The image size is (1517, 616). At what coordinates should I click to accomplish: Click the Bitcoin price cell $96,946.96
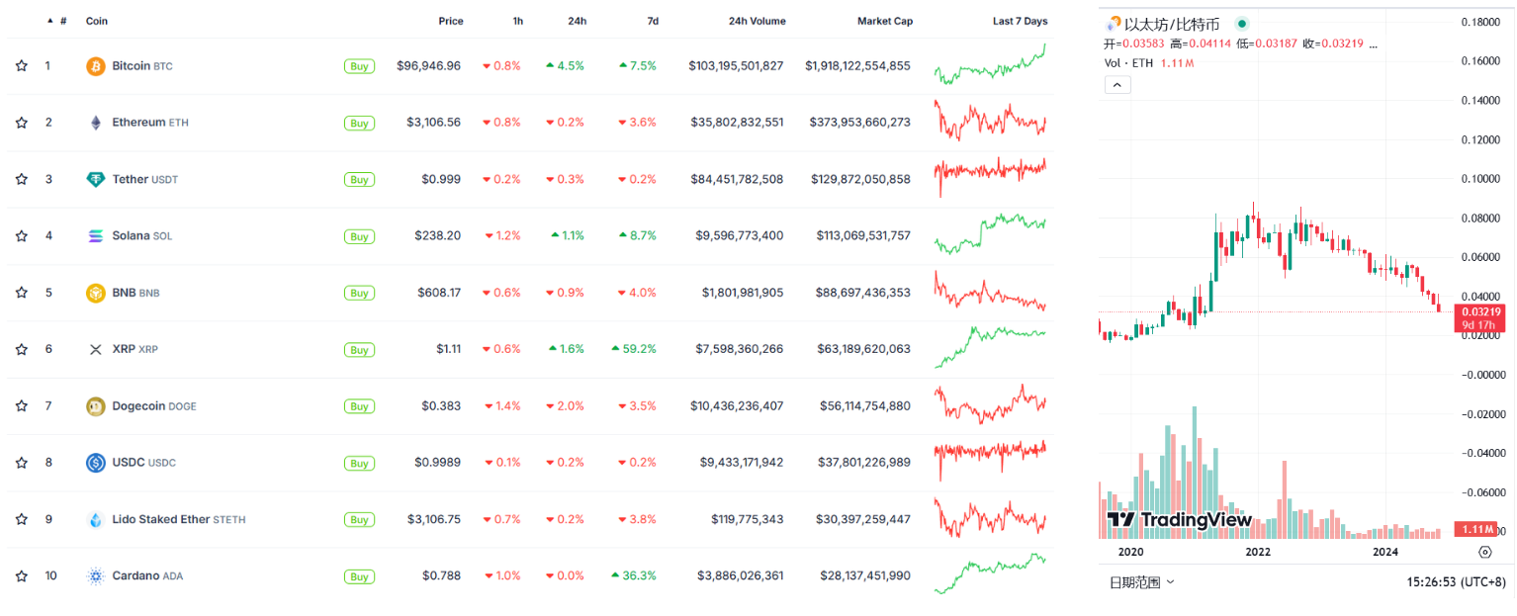click(x=428, y=65)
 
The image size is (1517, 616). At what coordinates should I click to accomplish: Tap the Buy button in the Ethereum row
click(x=359, y=123)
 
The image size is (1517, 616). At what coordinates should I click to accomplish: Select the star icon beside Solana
click(x=22, y=235)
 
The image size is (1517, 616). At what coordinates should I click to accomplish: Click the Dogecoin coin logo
click(x=96, y=406)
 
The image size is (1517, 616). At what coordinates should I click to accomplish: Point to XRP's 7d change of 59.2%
click(x=634, y=349)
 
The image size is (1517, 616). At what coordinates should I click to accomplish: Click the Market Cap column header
click(x=884, y=21)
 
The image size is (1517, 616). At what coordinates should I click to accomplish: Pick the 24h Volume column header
click(x=758, y=21)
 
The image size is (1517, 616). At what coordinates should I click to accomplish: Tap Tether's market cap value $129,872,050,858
click(x=860, y=179)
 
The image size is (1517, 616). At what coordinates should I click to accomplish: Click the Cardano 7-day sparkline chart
click(x=990, y=573)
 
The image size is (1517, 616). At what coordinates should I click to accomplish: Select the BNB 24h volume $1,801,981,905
click(x=743, y=293)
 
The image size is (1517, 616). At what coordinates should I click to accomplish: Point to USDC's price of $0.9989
click(x=437, y=463)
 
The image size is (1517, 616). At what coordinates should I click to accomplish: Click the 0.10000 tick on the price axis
click(x=1480, y=179)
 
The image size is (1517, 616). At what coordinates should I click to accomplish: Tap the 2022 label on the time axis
click(x=1258, y=552)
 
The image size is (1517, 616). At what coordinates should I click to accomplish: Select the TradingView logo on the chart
click(x=1179, y=520)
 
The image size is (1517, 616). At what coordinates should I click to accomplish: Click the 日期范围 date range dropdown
click(x=1141, y=582)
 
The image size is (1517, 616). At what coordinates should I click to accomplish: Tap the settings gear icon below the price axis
click(x=1485, y=552)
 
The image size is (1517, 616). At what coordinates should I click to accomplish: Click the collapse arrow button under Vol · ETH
click(x=1117, y=85)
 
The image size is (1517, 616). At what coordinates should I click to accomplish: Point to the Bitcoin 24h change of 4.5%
click(x=565, y=65)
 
